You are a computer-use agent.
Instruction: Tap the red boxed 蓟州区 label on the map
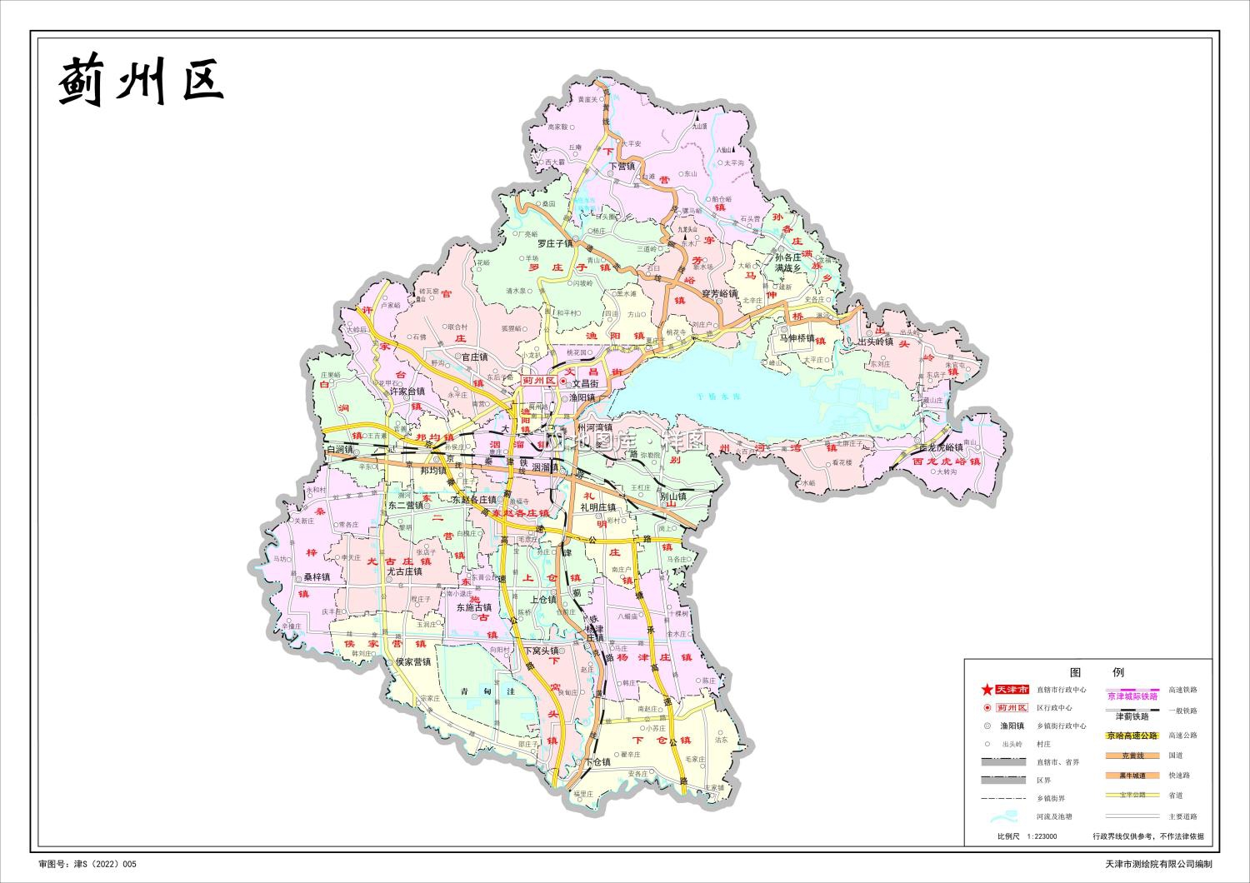[537, 381]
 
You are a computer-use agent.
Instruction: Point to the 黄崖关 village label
[588, 99]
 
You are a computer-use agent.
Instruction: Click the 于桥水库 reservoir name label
[718, 397]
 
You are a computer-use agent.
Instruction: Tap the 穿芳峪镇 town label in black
[719, 294]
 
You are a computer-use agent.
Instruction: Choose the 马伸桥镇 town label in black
[797, 338]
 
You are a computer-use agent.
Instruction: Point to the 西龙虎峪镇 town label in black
[940, 447]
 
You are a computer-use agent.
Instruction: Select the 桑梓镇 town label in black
[316, 576]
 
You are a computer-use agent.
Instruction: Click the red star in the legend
[987, 690]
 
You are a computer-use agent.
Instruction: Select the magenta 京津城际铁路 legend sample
[1132, 696]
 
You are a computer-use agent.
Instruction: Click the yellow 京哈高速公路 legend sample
[1132, 736]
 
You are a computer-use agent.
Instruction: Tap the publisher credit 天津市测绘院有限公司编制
[1158, 866]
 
